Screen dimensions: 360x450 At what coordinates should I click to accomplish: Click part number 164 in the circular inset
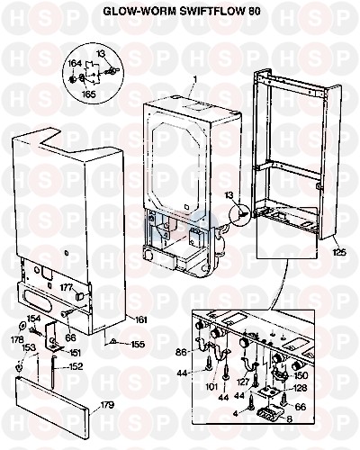pyautogui.click(x=74, y=64)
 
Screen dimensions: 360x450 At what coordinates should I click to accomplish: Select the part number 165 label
pyautogui.click(x=89, y=94)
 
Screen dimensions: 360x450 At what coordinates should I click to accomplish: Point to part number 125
pyautogui.click(x=339, y=252)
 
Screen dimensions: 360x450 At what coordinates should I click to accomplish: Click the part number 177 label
pyautogui.click(x=66, y=288)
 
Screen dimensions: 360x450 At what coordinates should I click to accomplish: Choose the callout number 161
pyautogui.click(x=139, y=319)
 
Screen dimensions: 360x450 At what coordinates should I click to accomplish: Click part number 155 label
pyautogui.click(x=138, y=344)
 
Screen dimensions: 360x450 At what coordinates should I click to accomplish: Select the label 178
pyautogui.click(x=17, y=340)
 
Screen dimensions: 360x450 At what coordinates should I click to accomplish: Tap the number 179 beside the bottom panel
pyautogui.click(x=107, y=405)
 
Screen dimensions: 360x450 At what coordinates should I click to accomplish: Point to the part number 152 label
pyautogui.click(x=76, y=366)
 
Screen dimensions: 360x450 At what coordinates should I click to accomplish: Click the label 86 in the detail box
pyautogui.click(x=181, y=352)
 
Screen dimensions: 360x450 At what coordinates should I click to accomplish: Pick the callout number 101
pyautogui.click(x=211, y=387)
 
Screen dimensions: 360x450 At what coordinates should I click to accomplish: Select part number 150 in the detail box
pyautogui.click(x=301, y=375)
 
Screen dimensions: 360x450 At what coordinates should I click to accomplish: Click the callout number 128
pyautogui.click(x=300, y=388)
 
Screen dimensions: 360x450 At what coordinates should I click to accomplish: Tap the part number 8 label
pyautogui.click(x=289, y=419)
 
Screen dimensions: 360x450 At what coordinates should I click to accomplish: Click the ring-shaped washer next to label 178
pyautogui.click(x=22, y=325)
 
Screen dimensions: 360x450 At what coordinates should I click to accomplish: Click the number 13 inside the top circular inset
pyautogui.click(x=102, y=54)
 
